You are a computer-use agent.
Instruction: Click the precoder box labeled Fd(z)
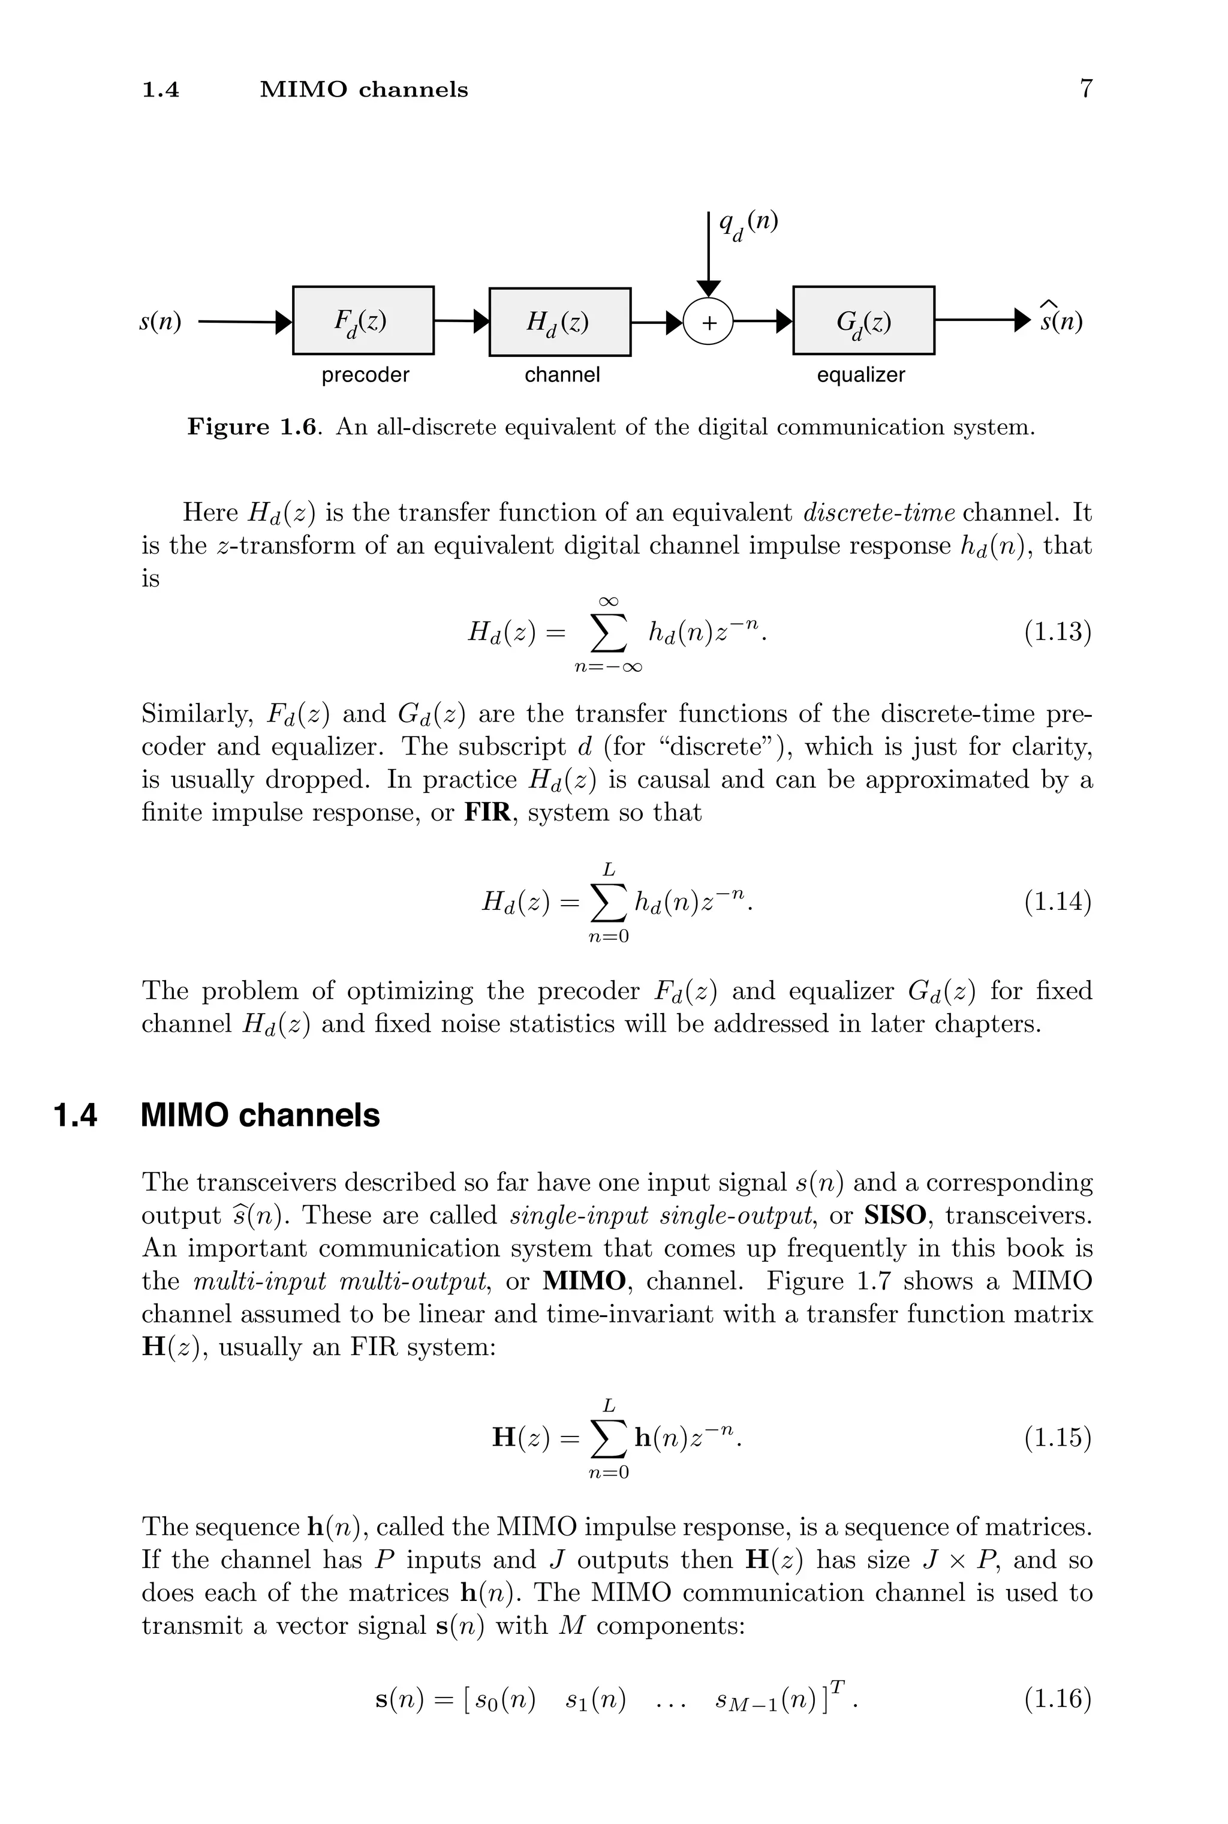tap(363, 320)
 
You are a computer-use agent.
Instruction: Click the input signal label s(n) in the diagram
tap(161, 321)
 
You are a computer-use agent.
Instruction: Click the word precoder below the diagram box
tap(365, 375)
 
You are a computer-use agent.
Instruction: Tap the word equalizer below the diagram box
tap(860, 375)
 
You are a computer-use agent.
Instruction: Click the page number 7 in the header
tap(1085, 89)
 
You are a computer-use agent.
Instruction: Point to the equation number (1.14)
tap(1057, 902)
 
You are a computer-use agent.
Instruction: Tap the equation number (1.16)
tap(1057, 1699)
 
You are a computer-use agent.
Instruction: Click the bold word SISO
tap(895, 1215)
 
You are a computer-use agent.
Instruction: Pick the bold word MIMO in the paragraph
tap(584, 1281)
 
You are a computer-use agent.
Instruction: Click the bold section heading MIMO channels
tap(260, 1115)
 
